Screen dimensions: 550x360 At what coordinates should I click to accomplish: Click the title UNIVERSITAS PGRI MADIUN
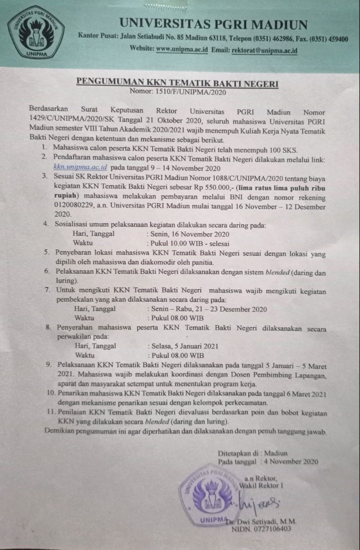(x=214, y=24)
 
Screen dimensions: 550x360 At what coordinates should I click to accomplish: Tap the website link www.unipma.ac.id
(x=182, y=49)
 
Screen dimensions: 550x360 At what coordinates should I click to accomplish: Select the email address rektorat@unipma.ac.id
(x=264, y=50)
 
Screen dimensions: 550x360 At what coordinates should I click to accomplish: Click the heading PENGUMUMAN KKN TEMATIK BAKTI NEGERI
(x=177, y=82)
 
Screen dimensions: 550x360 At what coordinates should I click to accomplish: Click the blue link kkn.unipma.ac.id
(x=80, y=168)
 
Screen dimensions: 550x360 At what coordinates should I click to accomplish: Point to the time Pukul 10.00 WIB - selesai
(x=180, y=244)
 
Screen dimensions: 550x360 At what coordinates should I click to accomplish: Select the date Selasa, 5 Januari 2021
(x=183, y=345)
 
